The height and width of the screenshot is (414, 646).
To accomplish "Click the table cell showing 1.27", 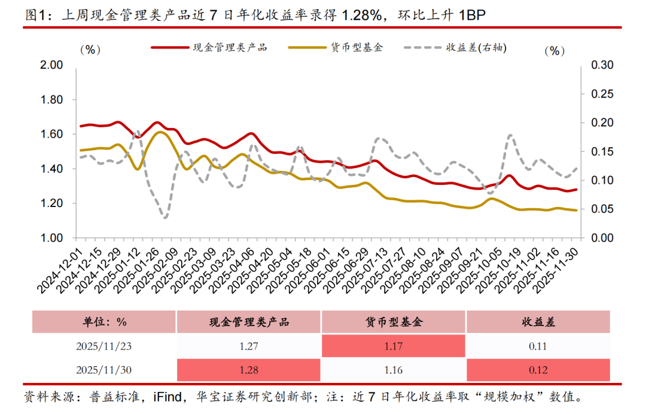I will click(248, 346).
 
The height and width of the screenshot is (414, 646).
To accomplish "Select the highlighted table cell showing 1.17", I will click(394, 346).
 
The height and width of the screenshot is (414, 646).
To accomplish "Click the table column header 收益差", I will click(538, 322).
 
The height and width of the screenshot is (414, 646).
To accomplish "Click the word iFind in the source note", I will click(172, 397).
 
